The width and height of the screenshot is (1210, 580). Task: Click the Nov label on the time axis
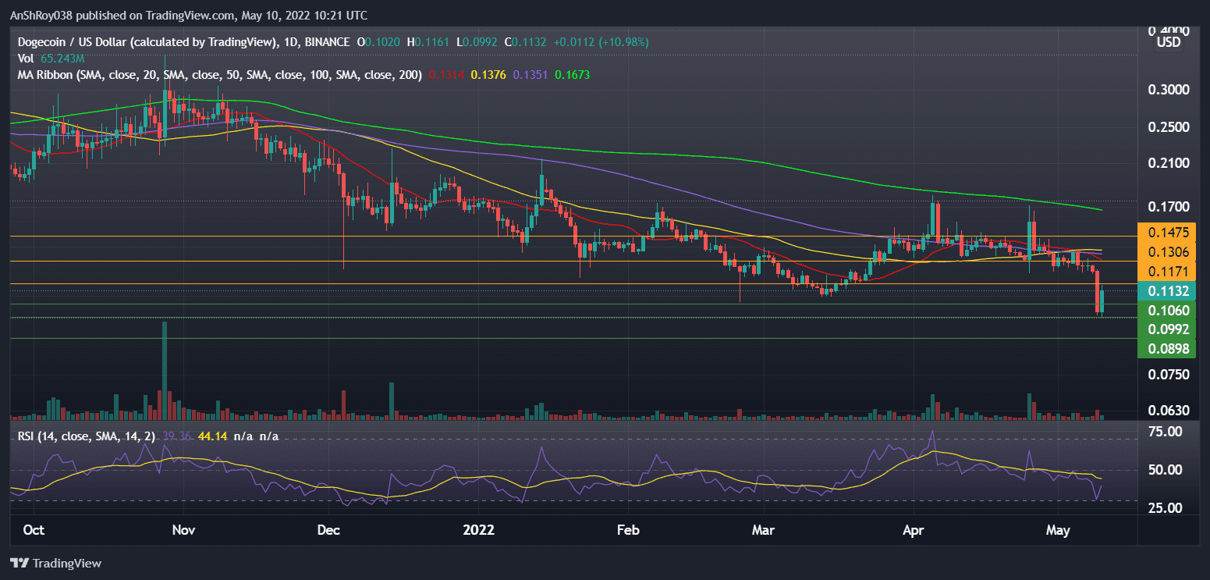point(183,530)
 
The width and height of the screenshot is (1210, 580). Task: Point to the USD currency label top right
point(1168,42)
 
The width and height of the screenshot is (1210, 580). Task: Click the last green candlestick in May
point(1102,301)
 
